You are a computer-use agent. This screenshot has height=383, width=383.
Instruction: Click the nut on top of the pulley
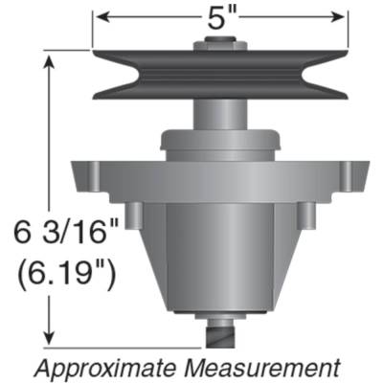click(220, 44)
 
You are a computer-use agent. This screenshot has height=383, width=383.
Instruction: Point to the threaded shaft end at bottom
click(220, 338)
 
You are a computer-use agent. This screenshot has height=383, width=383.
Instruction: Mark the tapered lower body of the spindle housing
click(220, 259)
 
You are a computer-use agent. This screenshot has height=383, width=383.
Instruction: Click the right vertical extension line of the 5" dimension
click(345, 29)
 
